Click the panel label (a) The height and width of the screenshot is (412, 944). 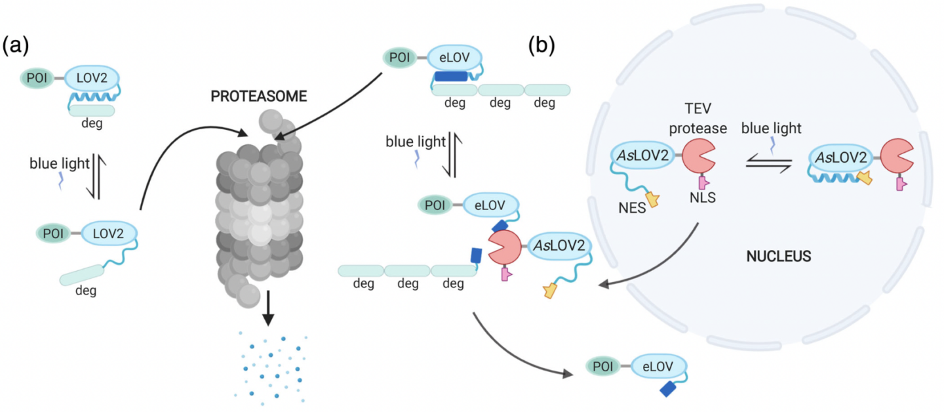point(15,45)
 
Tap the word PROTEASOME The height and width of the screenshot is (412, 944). point(258,96)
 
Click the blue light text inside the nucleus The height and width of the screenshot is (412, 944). point(771,129)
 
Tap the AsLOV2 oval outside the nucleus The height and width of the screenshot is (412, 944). point(559,245)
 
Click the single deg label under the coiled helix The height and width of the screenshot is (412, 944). point(92,123)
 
